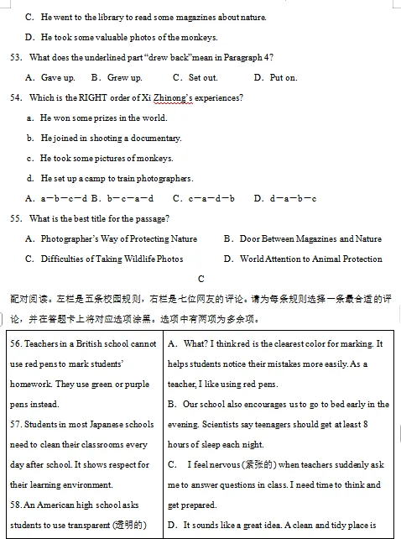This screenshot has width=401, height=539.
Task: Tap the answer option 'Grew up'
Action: [x=123, y=77]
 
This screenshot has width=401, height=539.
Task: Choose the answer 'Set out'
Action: [x=202, y=77]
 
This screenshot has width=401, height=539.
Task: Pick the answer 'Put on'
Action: [x=283, y=77]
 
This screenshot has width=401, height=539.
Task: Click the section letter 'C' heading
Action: [x=201, y=278]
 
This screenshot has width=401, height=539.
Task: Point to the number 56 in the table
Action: [x=16, y=344]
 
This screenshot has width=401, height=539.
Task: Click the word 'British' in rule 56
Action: [x=90, y=344]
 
